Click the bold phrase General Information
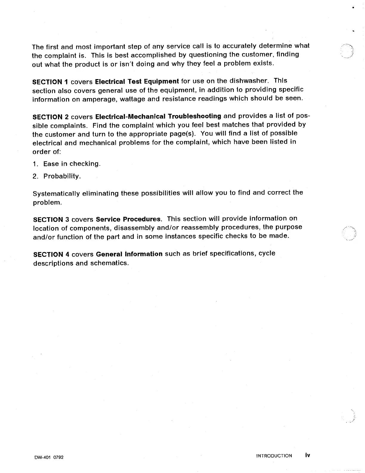[x=129, y=254]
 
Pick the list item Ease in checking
[x=72, y=164]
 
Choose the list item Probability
[x=62, y=176]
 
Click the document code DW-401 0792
[x=48, y=457]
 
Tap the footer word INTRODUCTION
[x=274, y=456]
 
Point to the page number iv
[x=307, y=455]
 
